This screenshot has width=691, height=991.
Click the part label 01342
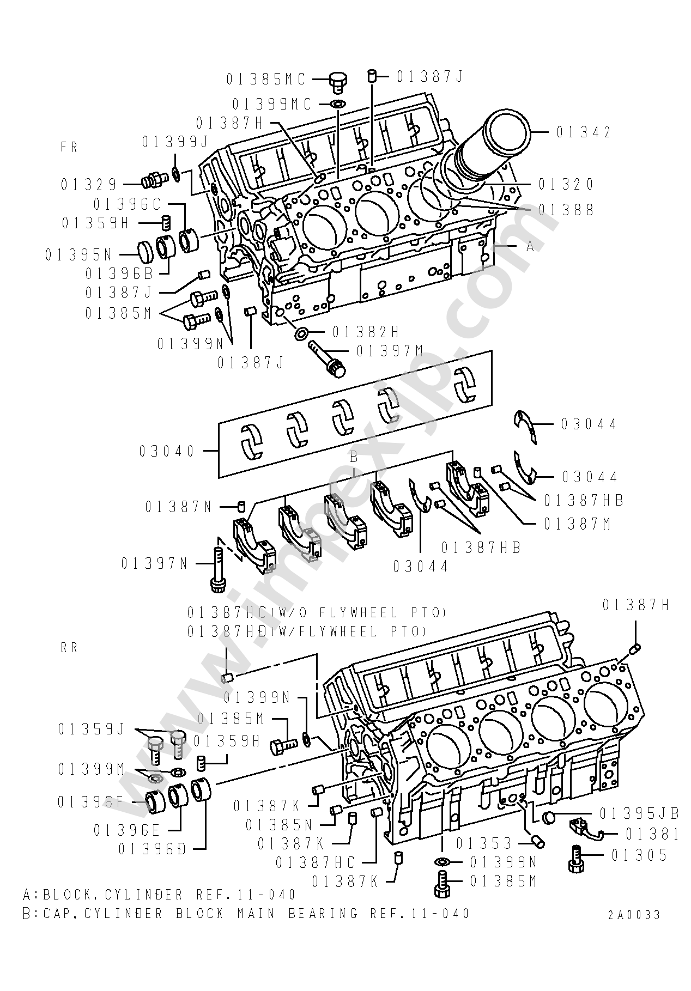click(x=584, y=132)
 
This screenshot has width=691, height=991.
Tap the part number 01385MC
click(x=266, y=80)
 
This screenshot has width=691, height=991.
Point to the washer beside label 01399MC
click(x=338, y=104)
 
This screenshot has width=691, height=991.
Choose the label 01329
click(x=89, y=184)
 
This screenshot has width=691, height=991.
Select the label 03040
click(x=167, y=451)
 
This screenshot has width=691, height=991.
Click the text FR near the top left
click(x=70, y=147)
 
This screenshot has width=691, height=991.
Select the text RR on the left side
click(x=70, y=648)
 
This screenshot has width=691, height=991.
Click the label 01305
click(x=639, y=855)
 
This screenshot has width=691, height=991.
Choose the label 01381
click(x=652, y=834)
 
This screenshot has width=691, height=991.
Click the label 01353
click(x=484, y=843)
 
